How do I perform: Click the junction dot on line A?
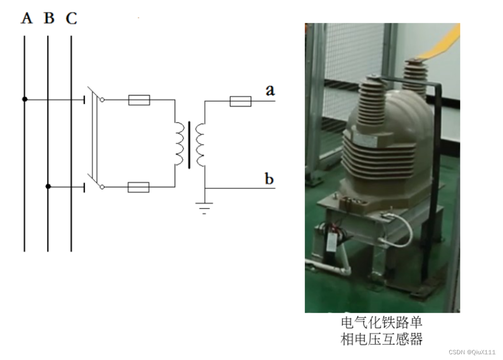click(24, 99)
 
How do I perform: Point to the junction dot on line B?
click(48, 186)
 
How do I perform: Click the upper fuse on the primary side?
click(139, 100)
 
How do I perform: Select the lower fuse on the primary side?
click(139, 187)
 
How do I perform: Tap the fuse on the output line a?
click(240, 101)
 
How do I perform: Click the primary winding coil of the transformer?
click(178, 144)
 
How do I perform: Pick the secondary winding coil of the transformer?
click(200, 144)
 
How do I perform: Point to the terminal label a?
click(270, 90)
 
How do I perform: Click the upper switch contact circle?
click(102, 100)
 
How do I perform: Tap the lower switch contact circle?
click(102, 187)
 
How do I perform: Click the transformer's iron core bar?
click(189, 145)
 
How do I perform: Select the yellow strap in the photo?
click(444, 44)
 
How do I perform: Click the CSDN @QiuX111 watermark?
click(472, 352)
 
